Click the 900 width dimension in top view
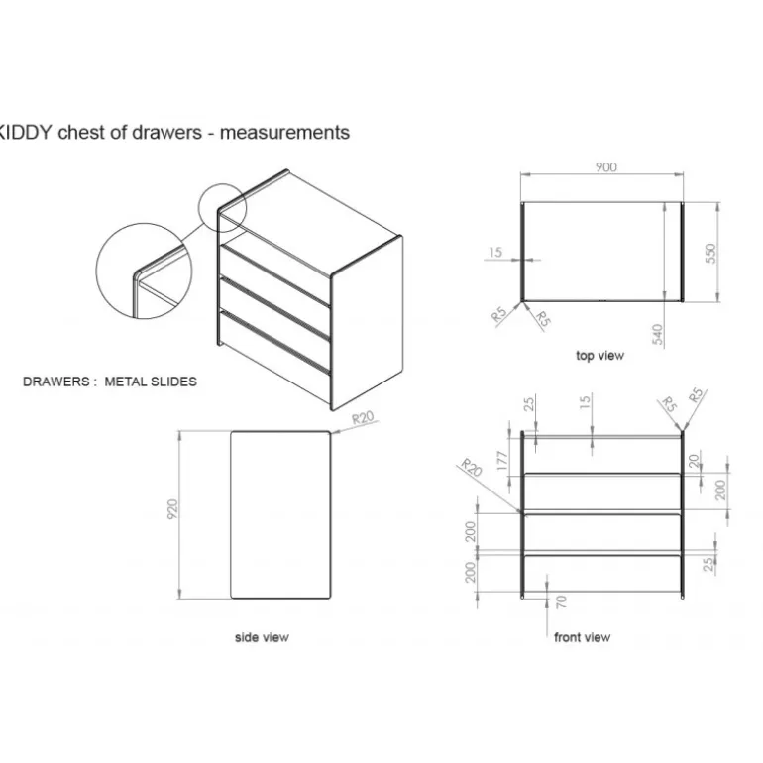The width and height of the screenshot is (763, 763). (x=605, y=166)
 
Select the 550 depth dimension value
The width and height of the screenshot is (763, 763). (x=710, y=254)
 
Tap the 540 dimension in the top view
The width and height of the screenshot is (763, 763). (x=657, y=334)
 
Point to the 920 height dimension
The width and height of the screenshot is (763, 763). (x=172, y=509)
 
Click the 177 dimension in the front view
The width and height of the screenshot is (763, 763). (x=502, y=461)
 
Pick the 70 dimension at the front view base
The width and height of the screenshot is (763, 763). (x=561, y=601)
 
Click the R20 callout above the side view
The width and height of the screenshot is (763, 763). (x=363, y=417)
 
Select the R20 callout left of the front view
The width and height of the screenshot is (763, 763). (x=471, y=467)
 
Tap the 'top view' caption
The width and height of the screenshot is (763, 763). (x=599, y=355)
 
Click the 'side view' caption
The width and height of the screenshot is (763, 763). (x=262, y=637)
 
